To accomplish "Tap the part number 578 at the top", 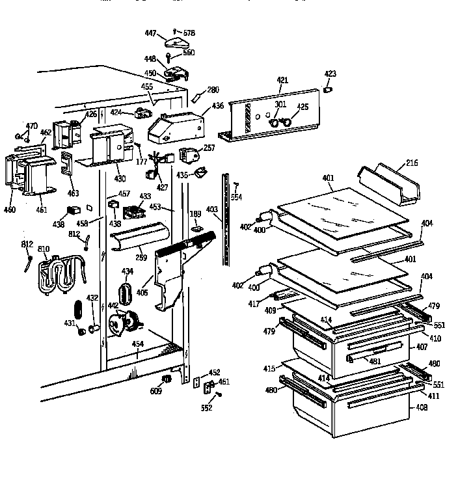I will (x=189, y=32).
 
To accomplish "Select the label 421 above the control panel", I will (x=282, y=80).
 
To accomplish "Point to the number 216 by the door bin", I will (x=411, y=163).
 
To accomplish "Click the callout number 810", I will (x=44, y=249).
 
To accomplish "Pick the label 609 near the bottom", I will (x=156, y=391).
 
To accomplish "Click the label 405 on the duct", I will (x=142, y=292).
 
